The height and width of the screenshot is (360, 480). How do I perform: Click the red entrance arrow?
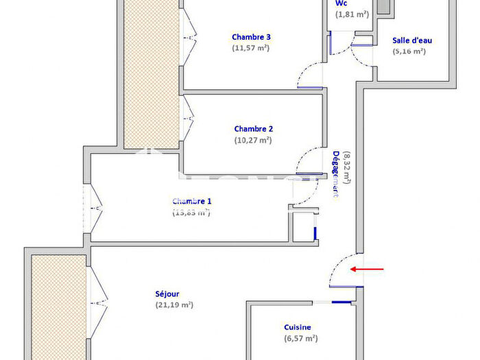click(367, 269)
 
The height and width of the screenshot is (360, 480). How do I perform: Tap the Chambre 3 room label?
click(251, 37)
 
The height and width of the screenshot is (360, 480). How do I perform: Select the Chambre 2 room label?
click(254, 129)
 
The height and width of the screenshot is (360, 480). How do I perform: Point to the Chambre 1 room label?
click(192, 201)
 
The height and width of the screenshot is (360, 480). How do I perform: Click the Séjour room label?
click(168, 294)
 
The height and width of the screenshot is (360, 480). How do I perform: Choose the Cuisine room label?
click(298, 328)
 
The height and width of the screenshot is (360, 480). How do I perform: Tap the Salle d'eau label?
click(412, 40)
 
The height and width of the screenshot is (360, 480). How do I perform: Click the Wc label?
click(341, 3)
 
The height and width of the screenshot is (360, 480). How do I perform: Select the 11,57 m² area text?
click(251, 48)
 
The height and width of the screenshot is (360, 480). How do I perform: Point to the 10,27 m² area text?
click(254, 140)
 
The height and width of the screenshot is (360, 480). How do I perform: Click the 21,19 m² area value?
click(174, 305)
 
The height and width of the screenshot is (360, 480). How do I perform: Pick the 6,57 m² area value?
click(300, 339)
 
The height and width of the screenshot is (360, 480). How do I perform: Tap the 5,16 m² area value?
click(409, 51)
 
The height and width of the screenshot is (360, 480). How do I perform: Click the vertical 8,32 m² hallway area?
click(348, 168)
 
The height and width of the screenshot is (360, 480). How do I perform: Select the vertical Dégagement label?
click(336, 173)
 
